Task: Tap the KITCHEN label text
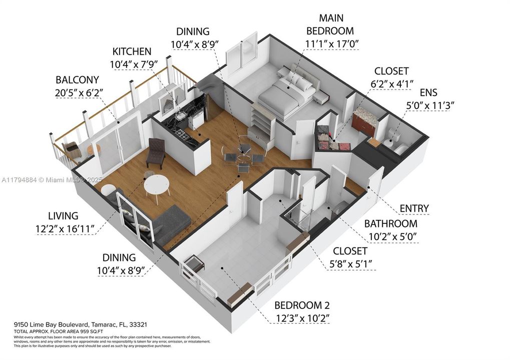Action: click(x=132, y=51)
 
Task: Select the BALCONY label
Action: click(x=77, y=80)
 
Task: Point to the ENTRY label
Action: click(x=414, y=208)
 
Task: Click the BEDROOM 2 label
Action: click(x=302, y=305)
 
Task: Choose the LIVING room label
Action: click(x=63, y=216)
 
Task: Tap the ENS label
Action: click(x=428, y=92)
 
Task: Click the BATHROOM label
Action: click(x=390, y=223)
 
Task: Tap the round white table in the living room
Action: click(x=156, y=186)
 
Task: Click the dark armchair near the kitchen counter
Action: click(x=156, y=152)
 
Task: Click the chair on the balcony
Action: click(x=71, y=149)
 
